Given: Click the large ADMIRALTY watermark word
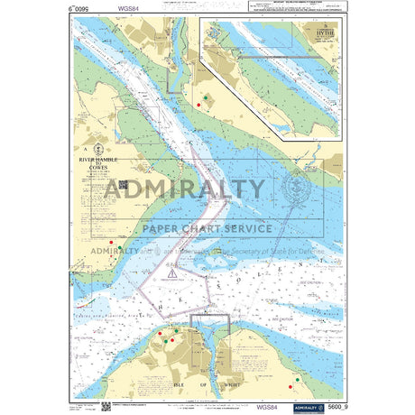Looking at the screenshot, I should [x=184, y=189].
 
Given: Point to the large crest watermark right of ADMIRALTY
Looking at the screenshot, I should [x=295, y=189].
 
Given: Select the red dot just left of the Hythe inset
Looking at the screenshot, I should [x=198, y=106].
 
